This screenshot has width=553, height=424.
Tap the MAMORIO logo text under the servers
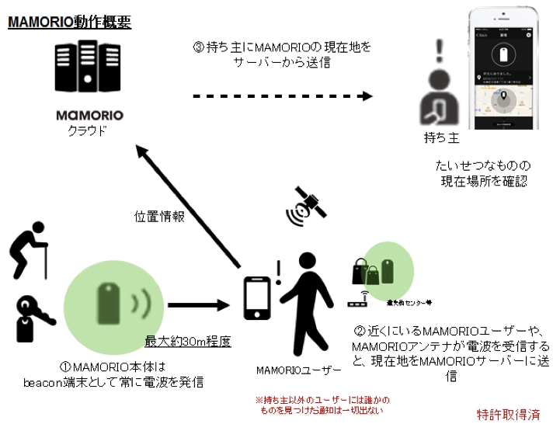[89, 116]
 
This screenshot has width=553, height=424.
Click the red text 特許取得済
[508, 414]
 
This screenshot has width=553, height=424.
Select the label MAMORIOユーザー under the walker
[291, 370]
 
